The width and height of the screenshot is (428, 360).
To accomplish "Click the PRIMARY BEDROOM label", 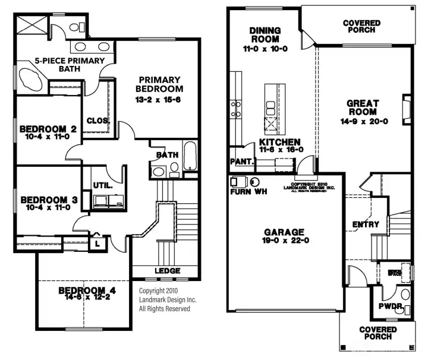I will pos(160,84).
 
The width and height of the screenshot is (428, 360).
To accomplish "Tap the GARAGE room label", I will pos(285,232).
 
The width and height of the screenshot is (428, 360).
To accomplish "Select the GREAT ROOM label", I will pos(362,108).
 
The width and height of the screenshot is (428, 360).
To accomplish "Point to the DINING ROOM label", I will pos(265,35).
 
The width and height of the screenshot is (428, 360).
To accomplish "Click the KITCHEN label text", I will pos(279,143).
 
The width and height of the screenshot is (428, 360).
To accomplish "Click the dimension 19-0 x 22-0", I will pos(285,241).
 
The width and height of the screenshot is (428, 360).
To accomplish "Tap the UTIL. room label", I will pos(103,185).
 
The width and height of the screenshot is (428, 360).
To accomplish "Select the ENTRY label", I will pos(366,224).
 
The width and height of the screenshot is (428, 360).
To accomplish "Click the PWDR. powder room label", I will pos(390,306).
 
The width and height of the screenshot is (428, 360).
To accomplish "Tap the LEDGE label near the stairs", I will pos(167,271).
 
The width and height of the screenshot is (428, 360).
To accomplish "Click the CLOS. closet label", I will pos(98,121).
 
